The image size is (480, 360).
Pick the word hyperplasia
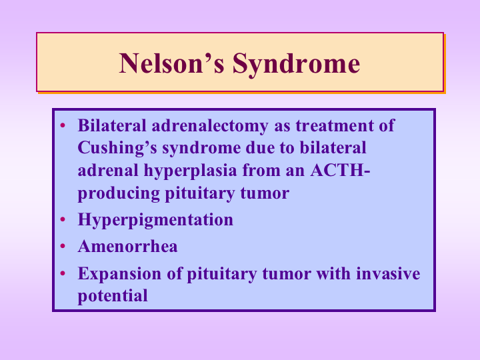185,170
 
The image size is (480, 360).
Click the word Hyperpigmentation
155,219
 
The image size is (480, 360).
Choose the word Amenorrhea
127,246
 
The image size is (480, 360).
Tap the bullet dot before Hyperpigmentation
63,219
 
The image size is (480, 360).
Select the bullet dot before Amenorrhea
63,246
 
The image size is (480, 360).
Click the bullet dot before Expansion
63,273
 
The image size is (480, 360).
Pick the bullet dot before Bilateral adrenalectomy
63,125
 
